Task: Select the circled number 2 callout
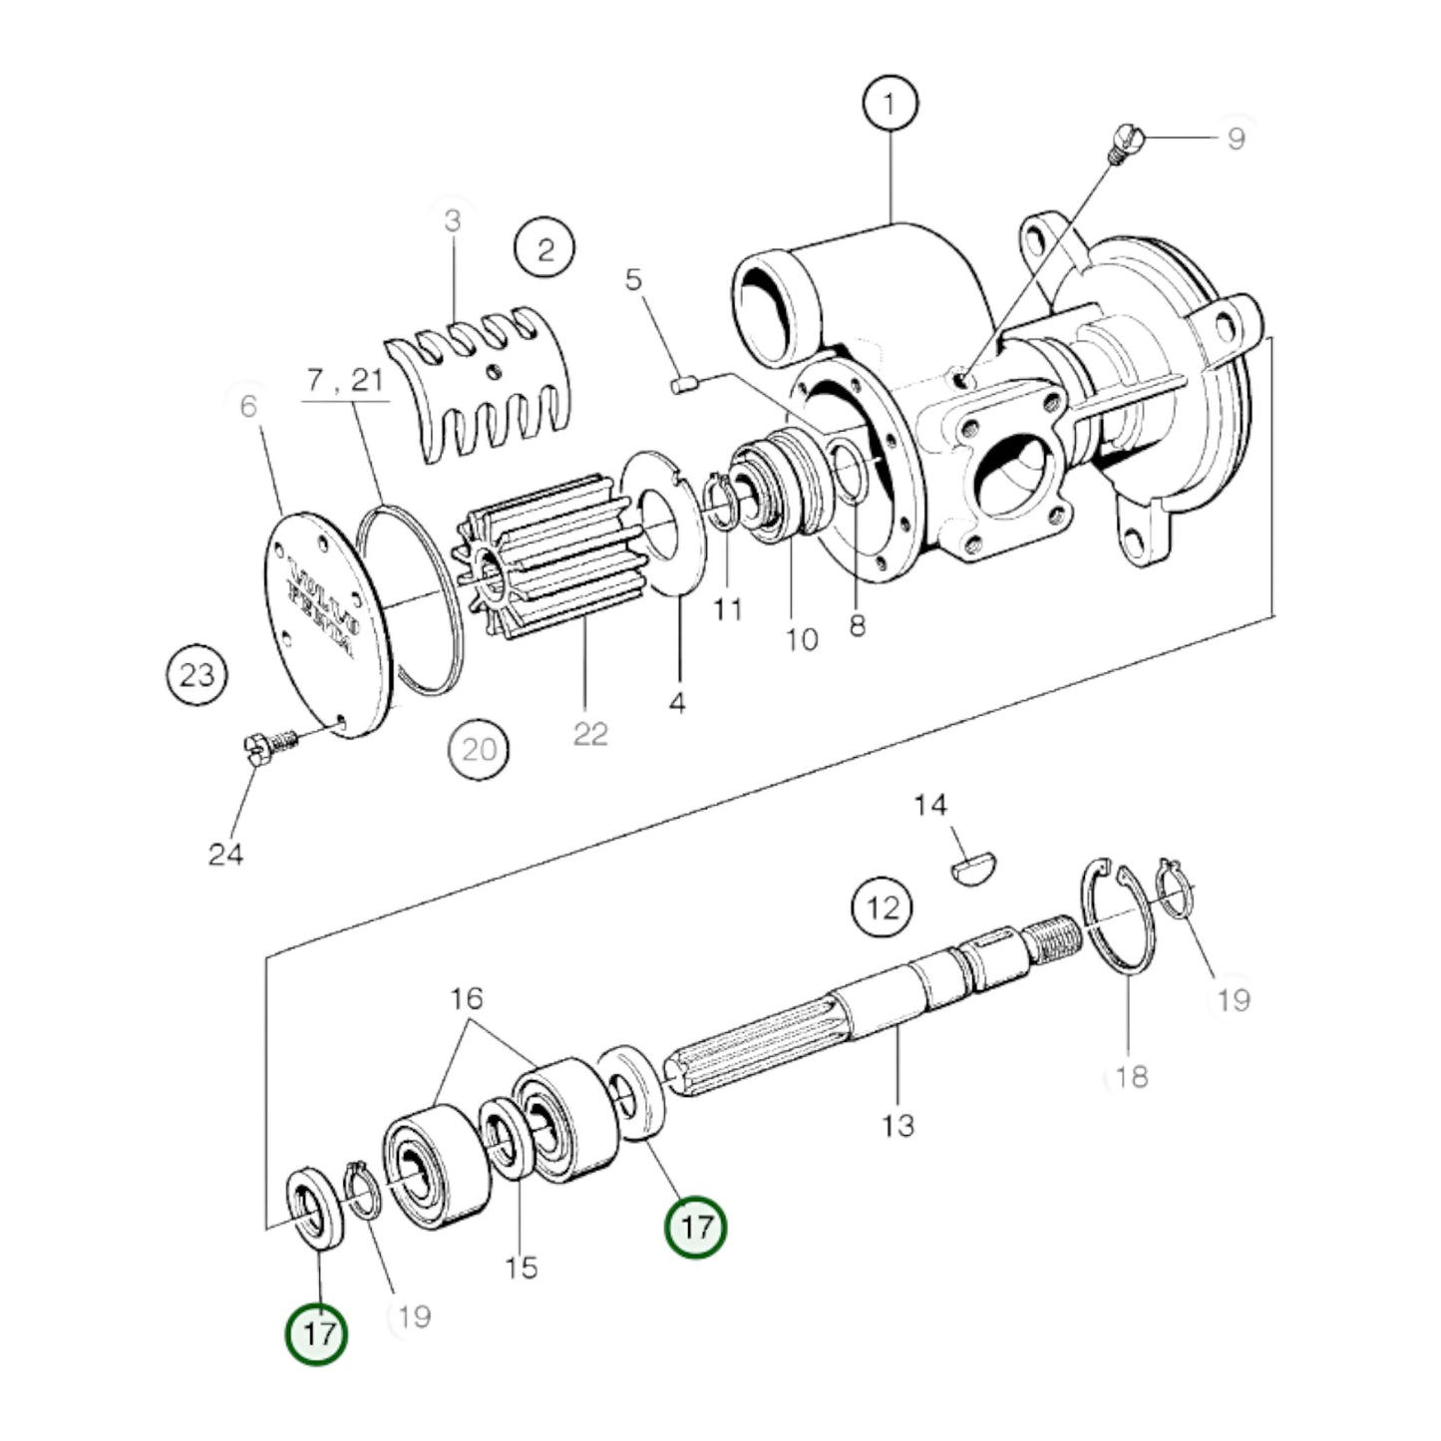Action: pos(544,248)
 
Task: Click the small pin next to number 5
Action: pos(681,384)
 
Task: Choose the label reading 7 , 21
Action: pos(345,380)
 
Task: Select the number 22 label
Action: pos(590,734)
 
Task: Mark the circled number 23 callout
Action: pos(196,675)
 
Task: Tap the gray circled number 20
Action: pos(479,748)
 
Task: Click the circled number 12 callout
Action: pos(883,907)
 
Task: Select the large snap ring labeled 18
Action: pos(1119,917)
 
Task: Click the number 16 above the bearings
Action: pos(466,997)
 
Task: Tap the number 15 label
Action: pos(522,1267)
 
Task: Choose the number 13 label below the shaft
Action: pos(898,1125)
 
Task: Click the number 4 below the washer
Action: pos(677,703)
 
